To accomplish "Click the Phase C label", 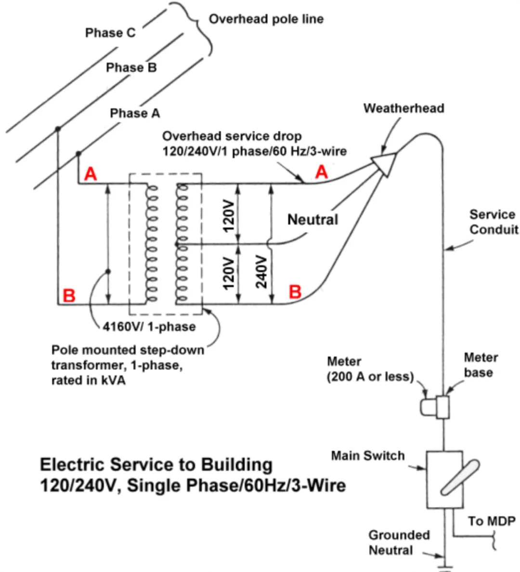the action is click(110, 33).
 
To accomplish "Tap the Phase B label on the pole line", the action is click(131, 67).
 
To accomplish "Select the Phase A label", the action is click(135, 113).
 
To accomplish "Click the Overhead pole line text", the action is click(266, 19).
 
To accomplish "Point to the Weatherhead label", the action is click(404, 108).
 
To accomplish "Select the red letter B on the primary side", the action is click(69, 295).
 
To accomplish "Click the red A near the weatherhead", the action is click(322, 172).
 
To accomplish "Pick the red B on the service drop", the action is click(295, 292).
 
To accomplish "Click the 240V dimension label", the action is click(261, 272).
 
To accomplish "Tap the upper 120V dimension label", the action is click(229, 215).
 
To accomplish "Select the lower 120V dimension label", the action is click(229, 273).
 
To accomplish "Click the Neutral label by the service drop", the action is click(312, 220).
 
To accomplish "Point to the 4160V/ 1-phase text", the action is click(149, 327).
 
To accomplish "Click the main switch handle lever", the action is click(460, 478).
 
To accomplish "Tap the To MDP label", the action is click(492, 521).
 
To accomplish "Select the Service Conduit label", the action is click(494, 222).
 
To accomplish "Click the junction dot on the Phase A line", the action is click(78, 154).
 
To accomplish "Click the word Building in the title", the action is click(237, 465).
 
